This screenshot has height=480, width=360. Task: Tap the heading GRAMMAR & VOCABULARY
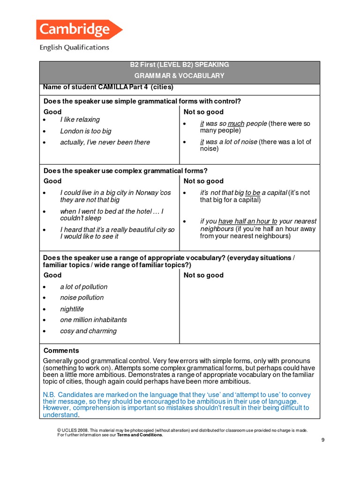pos(180,75)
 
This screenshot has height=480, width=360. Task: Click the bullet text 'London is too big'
pos(86,131)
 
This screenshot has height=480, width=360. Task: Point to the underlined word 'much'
pos(236,124)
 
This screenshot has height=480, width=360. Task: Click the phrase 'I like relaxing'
pos(80,120)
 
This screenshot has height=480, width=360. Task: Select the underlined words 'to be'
pos(253,193)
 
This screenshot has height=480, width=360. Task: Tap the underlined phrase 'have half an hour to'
pos(247,221)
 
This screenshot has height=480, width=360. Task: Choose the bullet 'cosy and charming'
pos(88,331)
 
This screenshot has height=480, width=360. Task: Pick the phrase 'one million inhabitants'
pos(93,320)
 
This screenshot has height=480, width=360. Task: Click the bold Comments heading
pos(61,351)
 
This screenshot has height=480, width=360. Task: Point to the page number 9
pos(322,440)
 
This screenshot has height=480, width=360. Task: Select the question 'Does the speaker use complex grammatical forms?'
pos(126,171)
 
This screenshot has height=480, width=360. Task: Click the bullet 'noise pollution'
pos(82,298)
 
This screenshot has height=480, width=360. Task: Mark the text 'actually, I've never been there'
pos(105,142)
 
